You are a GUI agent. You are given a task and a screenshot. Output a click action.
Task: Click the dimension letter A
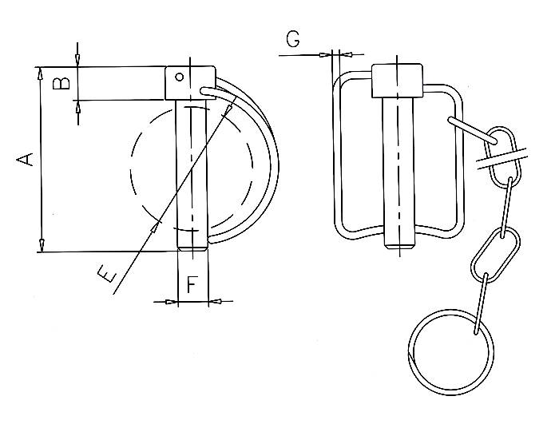tap(26, 159)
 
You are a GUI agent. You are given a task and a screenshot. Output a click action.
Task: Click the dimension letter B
tap(61, 84)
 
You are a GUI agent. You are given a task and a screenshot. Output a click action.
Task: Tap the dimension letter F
tap(192, 284)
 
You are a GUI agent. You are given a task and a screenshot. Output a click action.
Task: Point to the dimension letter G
tap(293, 39)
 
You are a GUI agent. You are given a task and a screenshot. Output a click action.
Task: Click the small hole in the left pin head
tap(180, 77)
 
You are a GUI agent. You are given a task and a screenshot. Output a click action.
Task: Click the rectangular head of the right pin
tap(398, 81)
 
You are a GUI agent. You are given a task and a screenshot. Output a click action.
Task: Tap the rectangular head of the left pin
tap(190, 83)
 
